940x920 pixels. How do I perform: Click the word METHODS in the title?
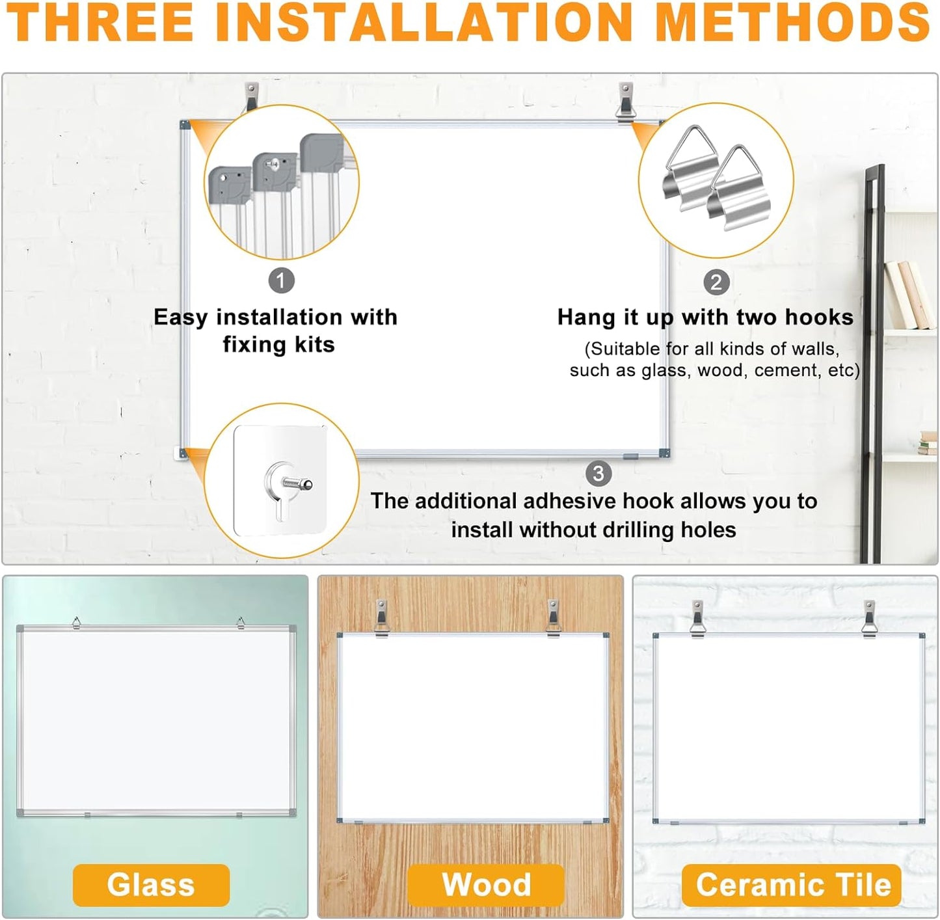tap(792, 22)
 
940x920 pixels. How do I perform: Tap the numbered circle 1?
tap(281, 281)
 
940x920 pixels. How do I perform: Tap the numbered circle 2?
tap(716, 282)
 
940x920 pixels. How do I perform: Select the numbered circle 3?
tap(598, 474)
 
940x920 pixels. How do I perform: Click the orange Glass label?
tap(151, 885)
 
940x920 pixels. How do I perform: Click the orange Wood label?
tap(486, 885)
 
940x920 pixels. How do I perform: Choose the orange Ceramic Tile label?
tap(792, 885)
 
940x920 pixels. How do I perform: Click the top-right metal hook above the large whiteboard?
tap(625, 101)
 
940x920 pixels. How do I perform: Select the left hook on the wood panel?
tap(381, 617)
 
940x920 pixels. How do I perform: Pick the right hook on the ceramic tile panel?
tap(870, 617)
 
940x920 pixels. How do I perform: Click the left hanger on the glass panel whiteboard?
tap(77, 623)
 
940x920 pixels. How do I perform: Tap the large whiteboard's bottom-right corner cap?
tap(664, 453)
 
